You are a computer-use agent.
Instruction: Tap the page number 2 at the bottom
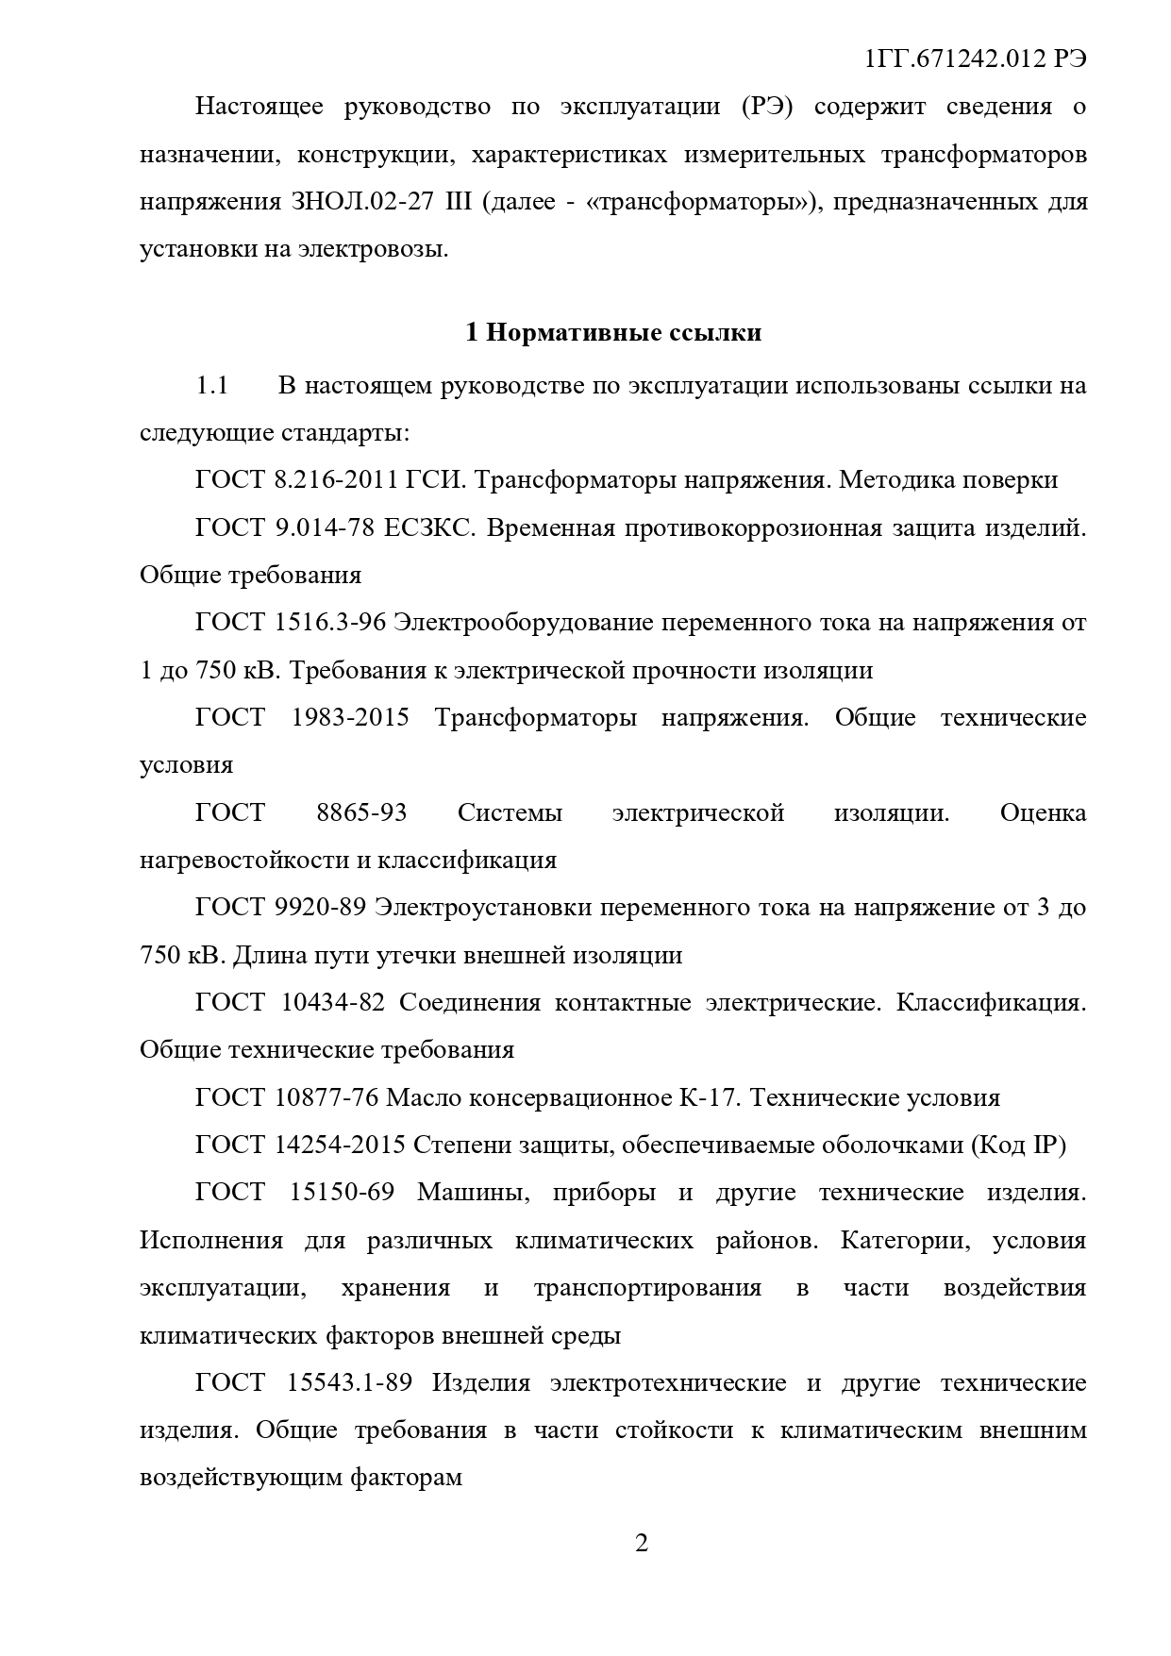(642, 1544)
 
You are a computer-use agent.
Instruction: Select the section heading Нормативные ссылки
(625, 333)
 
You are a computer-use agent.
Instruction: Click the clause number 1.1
(212, 386)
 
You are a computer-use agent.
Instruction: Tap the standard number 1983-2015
(350, 717)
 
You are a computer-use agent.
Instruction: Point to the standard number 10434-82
(333, 1002)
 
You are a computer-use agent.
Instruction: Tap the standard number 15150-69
(342, 1193)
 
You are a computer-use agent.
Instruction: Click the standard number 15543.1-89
(349, 1383)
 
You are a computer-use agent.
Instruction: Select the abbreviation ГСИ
(435, 480)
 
